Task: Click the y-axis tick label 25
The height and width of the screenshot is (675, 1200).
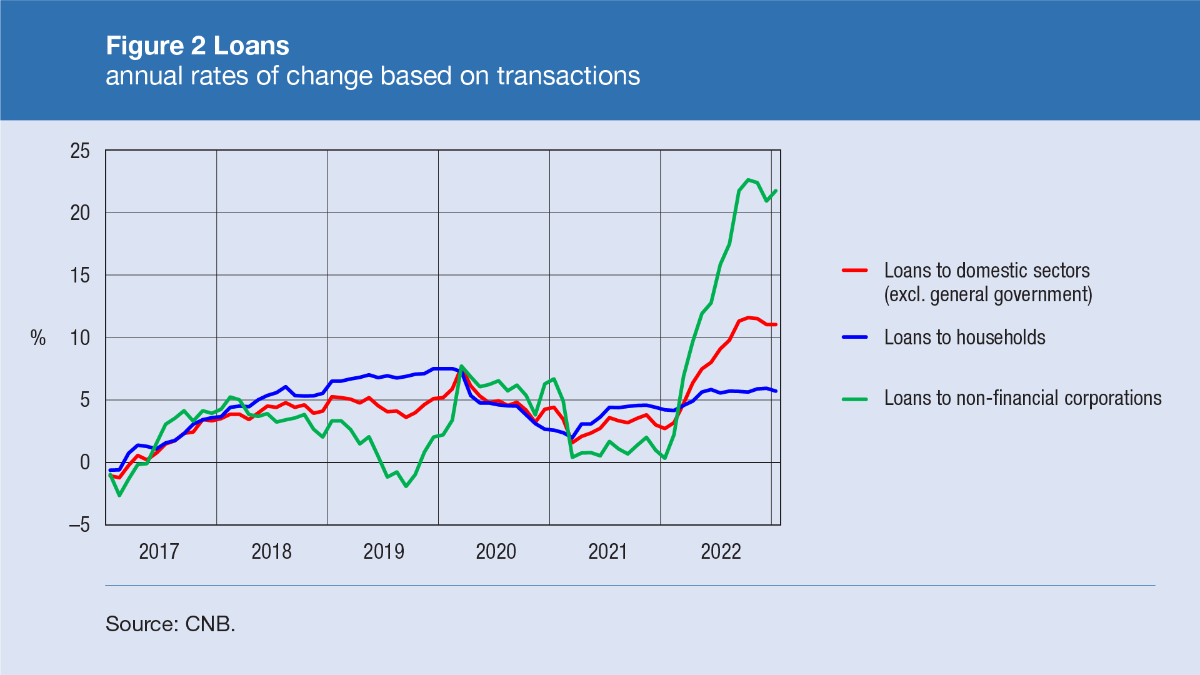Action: [x=80, y=151]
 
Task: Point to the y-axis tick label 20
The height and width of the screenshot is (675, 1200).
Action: [x=80, y=213]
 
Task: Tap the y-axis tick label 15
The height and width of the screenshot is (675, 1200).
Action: [x=80, y=276]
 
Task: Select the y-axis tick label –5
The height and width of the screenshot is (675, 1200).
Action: [x=79, y=525]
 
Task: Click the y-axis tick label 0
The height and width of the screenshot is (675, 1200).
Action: [x=85, y=462]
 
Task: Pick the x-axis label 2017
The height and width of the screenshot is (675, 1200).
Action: [x=159, y=551]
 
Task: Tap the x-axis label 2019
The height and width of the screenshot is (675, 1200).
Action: [x=384, y=551]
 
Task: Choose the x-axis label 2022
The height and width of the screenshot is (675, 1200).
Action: [x=721, y=551]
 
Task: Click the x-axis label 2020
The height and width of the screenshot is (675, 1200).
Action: [x=496, y=551]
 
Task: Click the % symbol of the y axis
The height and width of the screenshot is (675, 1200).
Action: [x=38, y=338]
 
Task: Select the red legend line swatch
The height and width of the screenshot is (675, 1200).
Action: [x=854, y=271]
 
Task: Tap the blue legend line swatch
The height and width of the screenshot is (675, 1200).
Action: [x=854, y=337]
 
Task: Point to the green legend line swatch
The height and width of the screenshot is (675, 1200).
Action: [x=854, y=399]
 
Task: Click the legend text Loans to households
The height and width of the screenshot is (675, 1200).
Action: [x=964, y=337]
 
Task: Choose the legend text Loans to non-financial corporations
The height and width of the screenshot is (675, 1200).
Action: [x=1022, y=398]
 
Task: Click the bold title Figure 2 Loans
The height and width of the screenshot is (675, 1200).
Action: [x=197, y=46]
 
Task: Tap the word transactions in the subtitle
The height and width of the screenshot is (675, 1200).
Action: [x=568, y=76]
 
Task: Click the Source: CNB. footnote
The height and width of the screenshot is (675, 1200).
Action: [x=170, y=624]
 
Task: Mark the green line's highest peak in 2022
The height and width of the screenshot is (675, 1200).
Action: [x=748, y=180]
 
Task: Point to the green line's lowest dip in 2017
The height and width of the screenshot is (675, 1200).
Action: [x=119, y=496]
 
